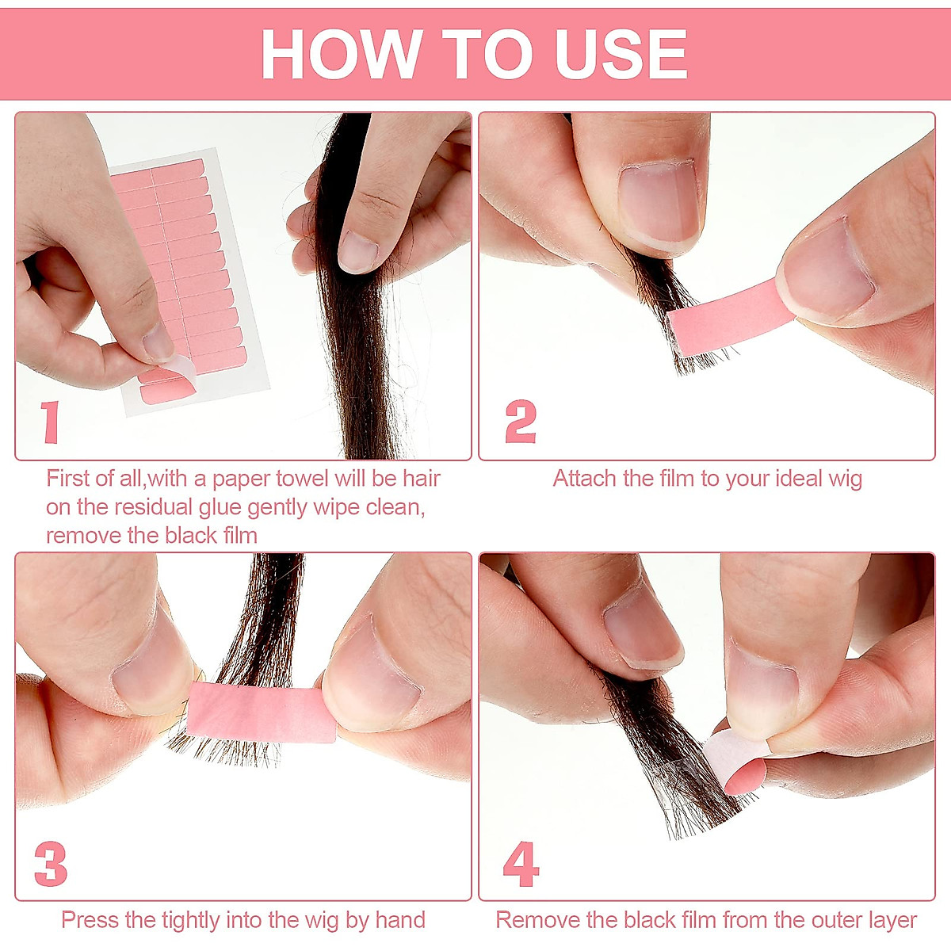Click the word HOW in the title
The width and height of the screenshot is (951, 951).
coord(341,55)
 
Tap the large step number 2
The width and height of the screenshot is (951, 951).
coord(521,422)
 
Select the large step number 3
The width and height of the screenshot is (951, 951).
coord(51,864)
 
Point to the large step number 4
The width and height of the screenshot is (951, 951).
coord(521,865)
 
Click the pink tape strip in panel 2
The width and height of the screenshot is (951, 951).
coord(725,318)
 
